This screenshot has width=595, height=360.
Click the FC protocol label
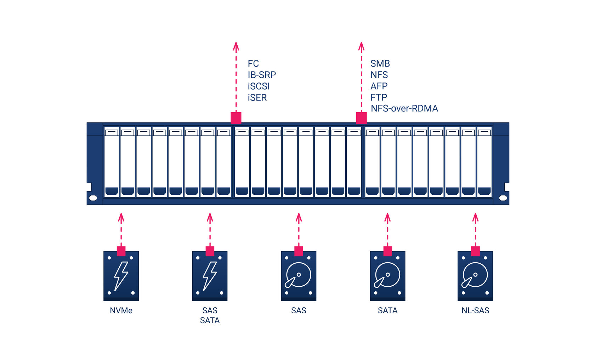(253, 64)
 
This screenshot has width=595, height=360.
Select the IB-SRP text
(262, 75)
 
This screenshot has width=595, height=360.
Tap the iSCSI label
(259, 86)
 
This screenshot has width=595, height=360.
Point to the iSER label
(257, 98)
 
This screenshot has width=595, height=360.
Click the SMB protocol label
(380, 64)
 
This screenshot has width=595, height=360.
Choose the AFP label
(379, 86)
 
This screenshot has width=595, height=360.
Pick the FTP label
(379, 97)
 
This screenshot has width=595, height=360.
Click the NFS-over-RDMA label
(404, 108)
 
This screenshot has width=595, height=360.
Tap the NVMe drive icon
(121, 276)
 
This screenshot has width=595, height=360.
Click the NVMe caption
(121, 310)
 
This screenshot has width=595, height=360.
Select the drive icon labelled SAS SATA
(210, 276)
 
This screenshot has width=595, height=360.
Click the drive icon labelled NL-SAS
(475, 276)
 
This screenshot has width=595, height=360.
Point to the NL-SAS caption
(475, 310)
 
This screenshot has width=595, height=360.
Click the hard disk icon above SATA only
(387, 276)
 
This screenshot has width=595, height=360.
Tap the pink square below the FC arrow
(236, 118)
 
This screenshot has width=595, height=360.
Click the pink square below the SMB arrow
(361, 118)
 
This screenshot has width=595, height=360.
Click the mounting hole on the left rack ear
(93, 198)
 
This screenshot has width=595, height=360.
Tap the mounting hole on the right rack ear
(503, 198)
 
